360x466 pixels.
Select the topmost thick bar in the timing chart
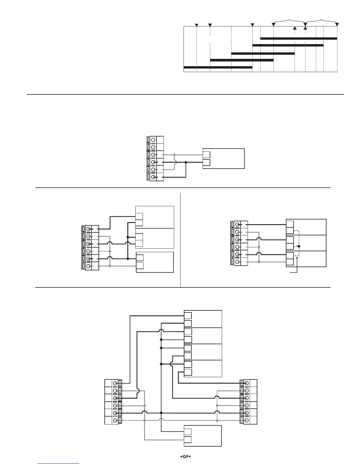coord(299,38)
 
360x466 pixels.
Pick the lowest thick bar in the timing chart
coord(218,67)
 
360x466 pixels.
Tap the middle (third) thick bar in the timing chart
coord(263,53)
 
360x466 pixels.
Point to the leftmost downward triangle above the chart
coord(197,25)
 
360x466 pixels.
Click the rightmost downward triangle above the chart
coord(337,25)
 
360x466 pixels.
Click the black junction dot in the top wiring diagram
coord(186,162)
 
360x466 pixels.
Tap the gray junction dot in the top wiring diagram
coord(174,155)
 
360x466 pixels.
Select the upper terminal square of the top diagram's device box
coord(206,155)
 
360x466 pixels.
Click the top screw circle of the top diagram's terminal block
coord(153,139)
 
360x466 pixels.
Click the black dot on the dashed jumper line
coord(299,246)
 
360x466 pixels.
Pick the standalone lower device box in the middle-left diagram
coord(155,262)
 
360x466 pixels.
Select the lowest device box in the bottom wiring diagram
coord(203,436)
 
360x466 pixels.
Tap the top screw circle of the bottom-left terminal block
coord(116,383)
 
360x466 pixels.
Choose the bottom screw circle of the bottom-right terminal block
coord(246,420)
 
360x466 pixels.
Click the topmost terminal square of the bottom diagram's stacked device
coord(188,316)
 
